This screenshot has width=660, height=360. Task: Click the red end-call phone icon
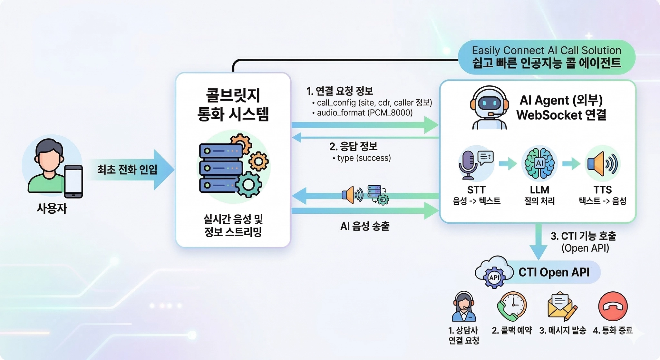tap(613, 306)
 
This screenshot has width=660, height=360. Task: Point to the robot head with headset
tap(490, 103)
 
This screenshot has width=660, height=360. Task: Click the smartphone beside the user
tap(73, 181)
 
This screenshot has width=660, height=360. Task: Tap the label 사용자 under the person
tap(52, 208)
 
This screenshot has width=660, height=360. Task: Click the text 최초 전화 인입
tap(127, 169)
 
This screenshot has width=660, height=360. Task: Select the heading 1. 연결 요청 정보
tap(340, 91)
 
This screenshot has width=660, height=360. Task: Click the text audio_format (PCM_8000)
tap(364, 113)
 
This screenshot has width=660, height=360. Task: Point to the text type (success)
tap(364, 158)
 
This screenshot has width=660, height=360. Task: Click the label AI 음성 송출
tap(365, 226)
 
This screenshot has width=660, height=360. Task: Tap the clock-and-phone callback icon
tap(512, 306)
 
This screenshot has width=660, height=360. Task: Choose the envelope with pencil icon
tap(562, 306)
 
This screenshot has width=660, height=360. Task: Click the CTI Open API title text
tap(554, 272)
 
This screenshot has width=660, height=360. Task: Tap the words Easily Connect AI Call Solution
tap(546, 50)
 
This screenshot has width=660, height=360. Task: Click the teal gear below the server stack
tap(248, 184)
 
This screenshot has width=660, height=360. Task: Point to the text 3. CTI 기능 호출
tap(583, 236)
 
